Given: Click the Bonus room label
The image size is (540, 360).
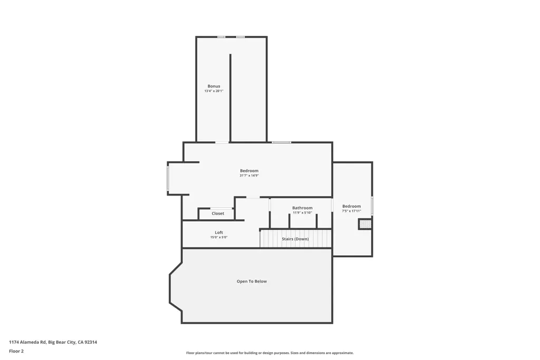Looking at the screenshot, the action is [214, 86].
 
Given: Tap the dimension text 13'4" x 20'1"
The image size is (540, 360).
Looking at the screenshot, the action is [214, 91].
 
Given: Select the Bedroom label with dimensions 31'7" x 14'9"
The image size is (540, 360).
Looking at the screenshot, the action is [249, 171].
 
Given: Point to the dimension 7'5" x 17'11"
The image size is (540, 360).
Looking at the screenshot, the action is [351, 211].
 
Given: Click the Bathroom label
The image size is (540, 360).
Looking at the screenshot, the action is [302, 208].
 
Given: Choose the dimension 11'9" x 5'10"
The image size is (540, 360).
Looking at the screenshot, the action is [302, 213].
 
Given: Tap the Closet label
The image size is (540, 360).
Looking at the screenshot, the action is [218, 213].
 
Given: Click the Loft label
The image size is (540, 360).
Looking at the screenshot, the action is [219, 232].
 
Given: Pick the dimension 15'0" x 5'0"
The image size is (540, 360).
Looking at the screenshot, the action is [219, 237].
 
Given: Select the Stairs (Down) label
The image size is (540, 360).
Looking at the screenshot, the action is [295, 239].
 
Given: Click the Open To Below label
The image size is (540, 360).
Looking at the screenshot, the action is [252, 281].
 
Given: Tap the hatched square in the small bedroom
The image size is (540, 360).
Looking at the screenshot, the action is [365, 224].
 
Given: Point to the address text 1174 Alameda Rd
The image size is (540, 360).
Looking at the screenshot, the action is [27, 342].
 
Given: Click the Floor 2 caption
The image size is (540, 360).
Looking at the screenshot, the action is [16, 351].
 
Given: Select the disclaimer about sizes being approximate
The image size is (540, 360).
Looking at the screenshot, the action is [269, 353].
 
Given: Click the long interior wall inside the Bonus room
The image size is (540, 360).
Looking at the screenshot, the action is [230, 98].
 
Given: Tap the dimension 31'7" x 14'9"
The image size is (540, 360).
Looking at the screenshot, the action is [249, 176].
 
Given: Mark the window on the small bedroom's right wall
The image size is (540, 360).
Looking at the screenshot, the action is [372, 206].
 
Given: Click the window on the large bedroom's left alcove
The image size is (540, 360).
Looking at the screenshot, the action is [168, 178].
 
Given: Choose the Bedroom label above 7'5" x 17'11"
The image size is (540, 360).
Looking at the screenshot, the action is [351, 206].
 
